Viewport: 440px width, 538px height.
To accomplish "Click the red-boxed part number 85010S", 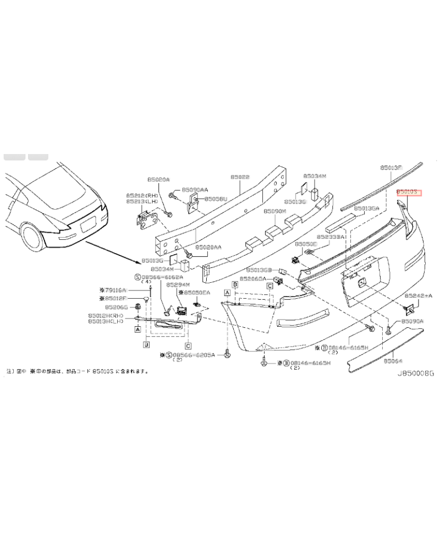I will point(409,192).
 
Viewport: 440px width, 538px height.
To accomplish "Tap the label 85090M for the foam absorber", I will point(274,211).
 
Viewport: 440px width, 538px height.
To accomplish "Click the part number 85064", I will point(394,361).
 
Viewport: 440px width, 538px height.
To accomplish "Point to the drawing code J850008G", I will point(416,373).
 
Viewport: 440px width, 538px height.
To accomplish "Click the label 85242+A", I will point(421,295).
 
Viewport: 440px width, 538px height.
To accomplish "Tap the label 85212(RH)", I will point(142,195).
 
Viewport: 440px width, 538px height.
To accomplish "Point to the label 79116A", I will point(115,289).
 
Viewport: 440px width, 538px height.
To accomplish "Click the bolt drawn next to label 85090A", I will point(389,330).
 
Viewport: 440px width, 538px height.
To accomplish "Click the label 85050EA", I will point(197,293).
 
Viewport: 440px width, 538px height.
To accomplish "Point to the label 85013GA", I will point(367,208).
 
